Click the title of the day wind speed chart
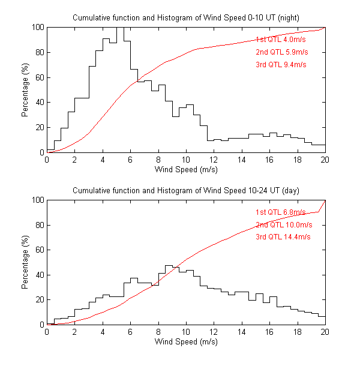(186, 190)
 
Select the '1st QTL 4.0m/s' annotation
(281, 38)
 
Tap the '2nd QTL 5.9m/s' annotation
(281, 51)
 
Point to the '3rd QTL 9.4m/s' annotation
(281, 64)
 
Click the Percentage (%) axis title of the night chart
(25, 90)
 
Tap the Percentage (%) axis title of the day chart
(25, 262)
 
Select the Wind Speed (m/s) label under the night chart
(186, 170)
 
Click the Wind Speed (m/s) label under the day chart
(186, 342)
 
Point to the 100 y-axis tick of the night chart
(37, 27)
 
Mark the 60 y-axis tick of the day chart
(39, 250)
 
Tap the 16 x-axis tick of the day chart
(269, 332)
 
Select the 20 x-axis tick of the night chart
(325, 160)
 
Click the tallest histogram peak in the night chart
(120, 28)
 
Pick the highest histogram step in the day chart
(169, 265)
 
